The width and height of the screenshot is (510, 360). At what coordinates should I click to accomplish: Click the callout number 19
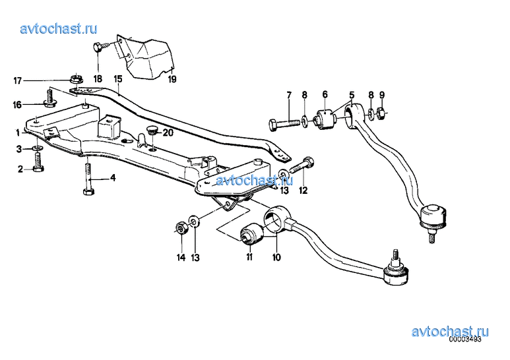(172, 79)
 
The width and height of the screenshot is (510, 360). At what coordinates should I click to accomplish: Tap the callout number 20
(168, 133)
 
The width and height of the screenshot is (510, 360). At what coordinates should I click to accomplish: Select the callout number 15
(118, 79)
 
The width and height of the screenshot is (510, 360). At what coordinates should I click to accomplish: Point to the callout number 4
(113, 178)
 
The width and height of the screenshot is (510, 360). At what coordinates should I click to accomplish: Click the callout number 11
(249, 257)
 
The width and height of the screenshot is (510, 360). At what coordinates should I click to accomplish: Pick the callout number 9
(382, 95)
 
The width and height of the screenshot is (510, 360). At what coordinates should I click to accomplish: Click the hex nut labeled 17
(77, 78)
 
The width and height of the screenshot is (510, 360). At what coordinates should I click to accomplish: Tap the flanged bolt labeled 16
(49, 99)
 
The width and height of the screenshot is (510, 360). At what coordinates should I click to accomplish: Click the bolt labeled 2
(38, 162)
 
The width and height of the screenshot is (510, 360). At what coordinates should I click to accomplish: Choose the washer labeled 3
(38, 148)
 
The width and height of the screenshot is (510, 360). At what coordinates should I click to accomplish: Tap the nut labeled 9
(382, 113)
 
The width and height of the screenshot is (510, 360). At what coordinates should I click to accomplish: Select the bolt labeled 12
(302, 166)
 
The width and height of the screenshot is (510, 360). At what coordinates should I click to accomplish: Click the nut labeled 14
(181, 227)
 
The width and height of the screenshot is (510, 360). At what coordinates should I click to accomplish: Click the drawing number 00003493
(464, 339)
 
